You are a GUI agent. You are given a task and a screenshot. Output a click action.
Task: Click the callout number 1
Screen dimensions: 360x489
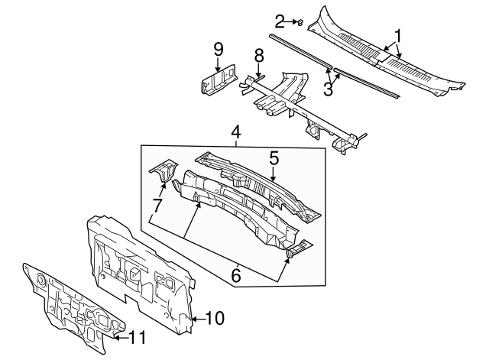click(x=397, y=34)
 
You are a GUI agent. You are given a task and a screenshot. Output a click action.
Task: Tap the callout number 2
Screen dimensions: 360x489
click(x=280, y=21)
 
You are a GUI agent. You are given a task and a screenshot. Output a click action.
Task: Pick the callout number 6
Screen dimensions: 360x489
click(x=236, y=273)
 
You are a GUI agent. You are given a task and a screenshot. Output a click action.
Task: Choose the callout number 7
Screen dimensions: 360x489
click(x=157, y=206)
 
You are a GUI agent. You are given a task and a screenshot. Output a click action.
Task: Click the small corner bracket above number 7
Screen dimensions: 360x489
click(x=163, y=172)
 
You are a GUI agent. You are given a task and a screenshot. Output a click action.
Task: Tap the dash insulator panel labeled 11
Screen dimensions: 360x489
click(x=69, y=306)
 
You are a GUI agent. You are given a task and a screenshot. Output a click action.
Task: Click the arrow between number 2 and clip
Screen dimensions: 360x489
click(x=291, y=21)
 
